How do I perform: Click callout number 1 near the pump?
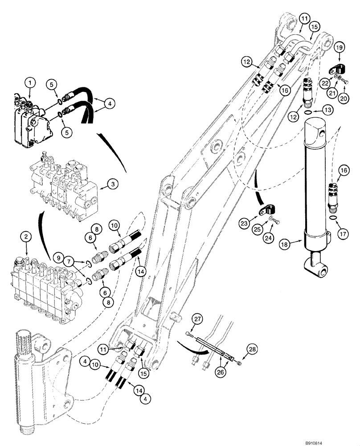(29, 83)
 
